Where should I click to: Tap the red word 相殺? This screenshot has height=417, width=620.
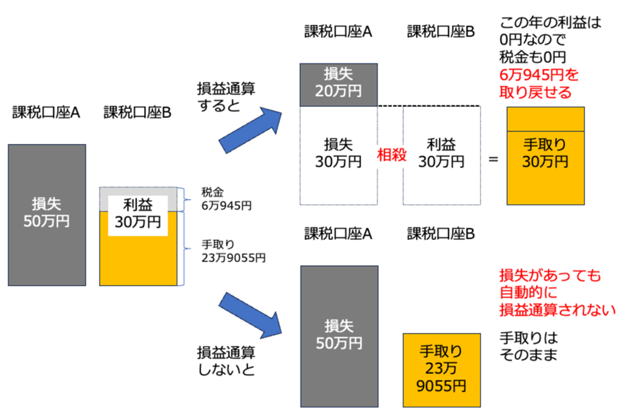(390, 155)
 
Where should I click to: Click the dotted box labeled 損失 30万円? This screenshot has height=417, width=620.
(339, 153)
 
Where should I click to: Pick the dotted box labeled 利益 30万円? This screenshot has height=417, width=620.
(441, 153)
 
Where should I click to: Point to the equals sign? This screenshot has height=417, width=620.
(493, 159)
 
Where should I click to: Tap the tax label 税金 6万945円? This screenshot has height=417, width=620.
(226, 199)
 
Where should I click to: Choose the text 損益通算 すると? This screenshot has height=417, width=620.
(225, 98)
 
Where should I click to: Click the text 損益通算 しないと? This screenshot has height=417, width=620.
(225, 361)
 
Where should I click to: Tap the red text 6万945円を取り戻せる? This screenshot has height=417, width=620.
(537, 83)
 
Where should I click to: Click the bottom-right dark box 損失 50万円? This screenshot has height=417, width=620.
(339, 335)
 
